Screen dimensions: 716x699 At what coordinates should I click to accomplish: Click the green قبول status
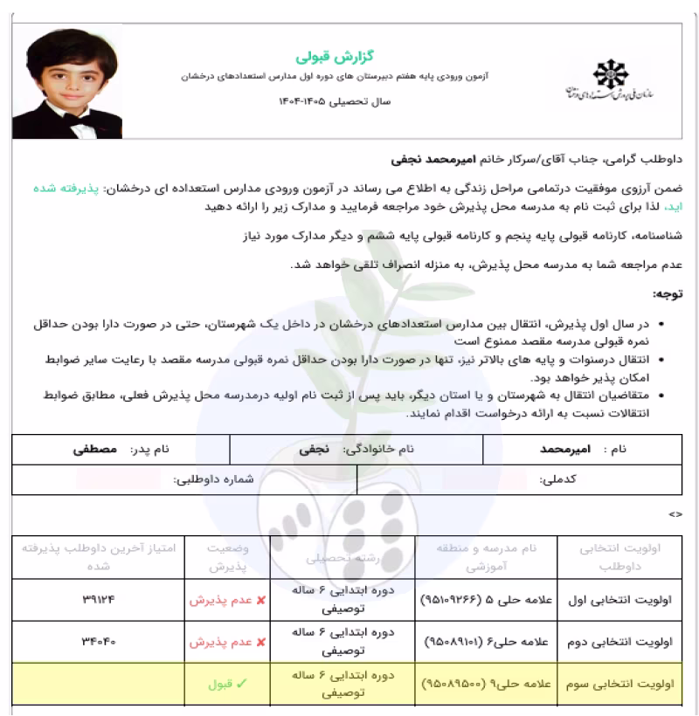[x=223, y=685]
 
